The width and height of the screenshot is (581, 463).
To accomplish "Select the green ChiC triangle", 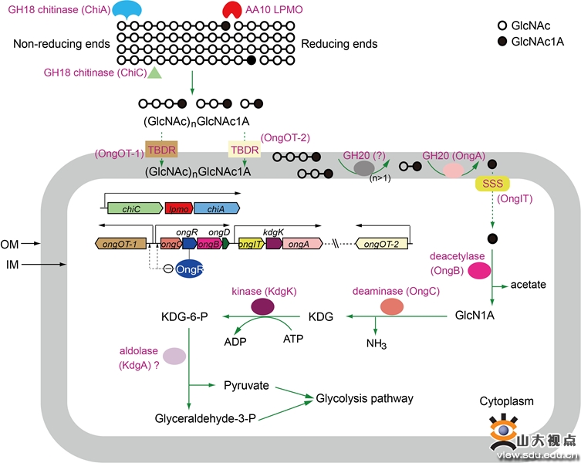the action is [155, 73].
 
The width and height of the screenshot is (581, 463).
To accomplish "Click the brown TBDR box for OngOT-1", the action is [161, 150].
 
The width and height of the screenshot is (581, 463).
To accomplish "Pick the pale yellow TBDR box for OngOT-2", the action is [245, 150].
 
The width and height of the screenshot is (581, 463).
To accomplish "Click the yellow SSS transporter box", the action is [492, 184].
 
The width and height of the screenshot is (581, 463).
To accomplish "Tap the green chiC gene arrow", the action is [135, 208].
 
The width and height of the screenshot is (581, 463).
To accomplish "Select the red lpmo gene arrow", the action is [179, 208].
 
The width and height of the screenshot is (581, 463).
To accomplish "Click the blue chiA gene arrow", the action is [217, 208].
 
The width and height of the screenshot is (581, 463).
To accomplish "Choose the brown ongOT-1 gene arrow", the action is [121, 244].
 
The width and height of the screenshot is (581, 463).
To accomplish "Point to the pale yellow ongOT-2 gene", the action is [381, 244].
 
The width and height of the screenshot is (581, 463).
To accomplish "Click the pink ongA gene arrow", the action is [302, 244].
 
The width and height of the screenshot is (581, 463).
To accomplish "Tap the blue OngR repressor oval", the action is [189, 269].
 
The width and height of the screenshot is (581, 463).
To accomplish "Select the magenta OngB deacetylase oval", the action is [479, 270].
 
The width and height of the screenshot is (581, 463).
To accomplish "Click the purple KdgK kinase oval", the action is [262, 307].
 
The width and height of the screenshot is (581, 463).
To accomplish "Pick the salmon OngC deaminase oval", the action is [392, 307].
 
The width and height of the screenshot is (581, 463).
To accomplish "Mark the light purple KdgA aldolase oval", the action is [174, 357].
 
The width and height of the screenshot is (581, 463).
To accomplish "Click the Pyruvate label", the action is [246, 386].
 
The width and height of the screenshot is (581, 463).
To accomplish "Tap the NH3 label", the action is [377, 343].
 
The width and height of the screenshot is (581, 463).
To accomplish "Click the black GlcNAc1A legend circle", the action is [502, 42].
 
